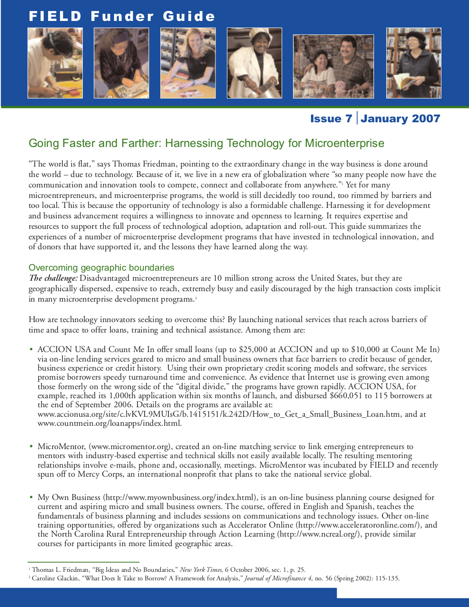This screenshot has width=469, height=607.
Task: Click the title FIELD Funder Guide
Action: (122, 17)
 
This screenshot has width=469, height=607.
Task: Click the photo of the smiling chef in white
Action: (254, 63)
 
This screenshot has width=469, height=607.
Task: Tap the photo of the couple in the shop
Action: (333, 66)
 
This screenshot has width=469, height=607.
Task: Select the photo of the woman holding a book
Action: (413, 63)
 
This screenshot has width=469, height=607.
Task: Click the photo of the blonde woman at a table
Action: (188, 63)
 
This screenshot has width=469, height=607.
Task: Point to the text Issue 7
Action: (331, 118)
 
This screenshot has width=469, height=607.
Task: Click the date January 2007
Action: (400, 118)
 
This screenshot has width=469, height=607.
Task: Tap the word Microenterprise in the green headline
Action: (344, 143)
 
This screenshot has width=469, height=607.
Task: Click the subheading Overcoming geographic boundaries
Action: (101, 267)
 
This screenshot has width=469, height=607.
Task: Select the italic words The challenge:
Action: (53, 278)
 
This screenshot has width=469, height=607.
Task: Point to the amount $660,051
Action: (346, 396)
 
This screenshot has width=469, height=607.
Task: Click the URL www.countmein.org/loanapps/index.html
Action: (109, 423)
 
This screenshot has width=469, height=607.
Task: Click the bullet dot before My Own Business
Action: (31, 497)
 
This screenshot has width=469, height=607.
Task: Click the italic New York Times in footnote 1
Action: (201, 569)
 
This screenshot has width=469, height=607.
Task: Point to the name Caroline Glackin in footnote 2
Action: (55, 578)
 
